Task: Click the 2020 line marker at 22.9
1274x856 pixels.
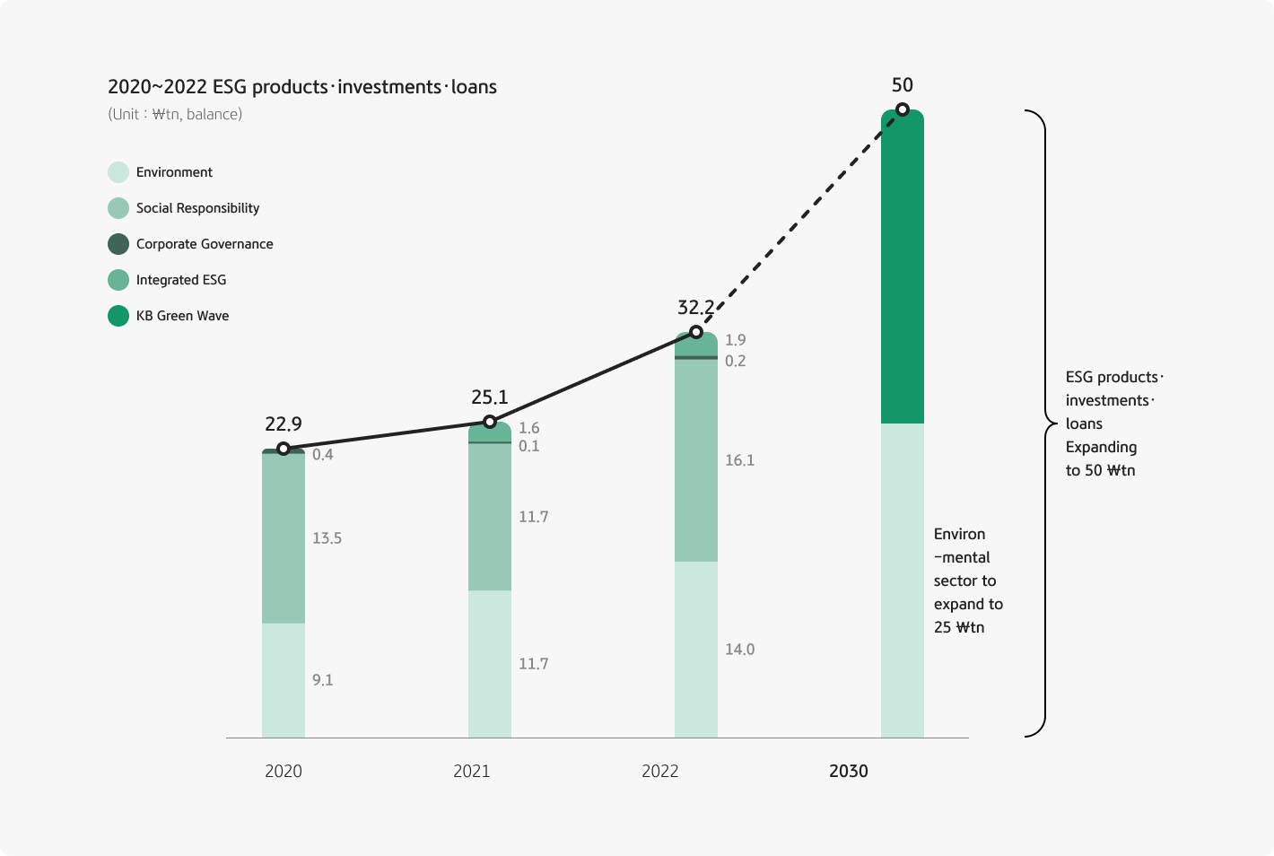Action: click(284, 449)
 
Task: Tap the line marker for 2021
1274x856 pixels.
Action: click(490, 422)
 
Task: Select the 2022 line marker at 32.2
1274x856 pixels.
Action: click(696, 332)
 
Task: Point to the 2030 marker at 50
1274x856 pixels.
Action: click(903, 109)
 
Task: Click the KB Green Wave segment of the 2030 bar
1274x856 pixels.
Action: click(903, 269)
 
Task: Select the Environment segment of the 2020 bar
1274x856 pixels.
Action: click(284, 680)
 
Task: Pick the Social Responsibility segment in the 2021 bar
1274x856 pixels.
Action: click(490, 517)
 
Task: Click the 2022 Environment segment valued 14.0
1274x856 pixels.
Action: click(696, 650)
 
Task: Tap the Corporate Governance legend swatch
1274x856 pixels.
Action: click(118, 244)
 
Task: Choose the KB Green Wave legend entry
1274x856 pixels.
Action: click(182, 316)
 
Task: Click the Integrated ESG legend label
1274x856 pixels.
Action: click(181, 280)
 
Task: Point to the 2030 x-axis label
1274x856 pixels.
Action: click(849, 771)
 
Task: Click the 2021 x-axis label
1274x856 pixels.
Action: click(472, 771)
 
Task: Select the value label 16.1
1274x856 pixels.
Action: click(740, 460)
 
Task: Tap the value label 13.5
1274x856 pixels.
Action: click(327, 538)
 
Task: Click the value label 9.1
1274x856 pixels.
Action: click(323, 680)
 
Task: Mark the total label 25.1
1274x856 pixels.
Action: click(490, 397)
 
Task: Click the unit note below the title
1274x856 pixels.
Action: click(175, 114)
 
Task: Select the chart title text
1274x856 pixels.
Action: click(302, 87)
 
